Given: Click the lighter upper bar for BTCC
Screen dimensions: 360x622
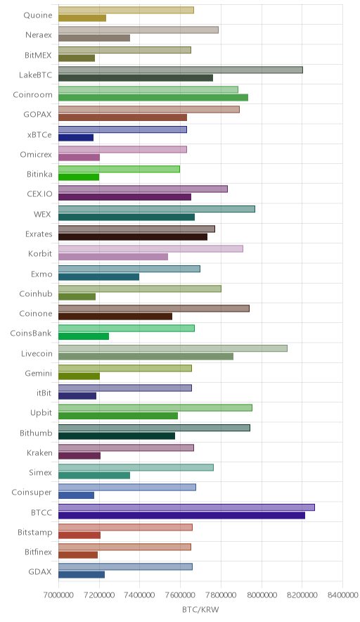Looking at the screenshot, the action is click(186, 507).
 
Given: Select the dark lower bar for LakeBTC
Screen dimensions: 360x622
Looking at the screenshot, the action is click(136, 77).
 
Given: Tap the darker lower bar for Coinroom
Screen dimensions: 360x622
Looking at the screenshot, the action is click(153, 98).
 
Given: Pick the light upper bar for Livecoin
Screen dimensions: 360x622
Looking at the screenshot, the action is click(173, 348).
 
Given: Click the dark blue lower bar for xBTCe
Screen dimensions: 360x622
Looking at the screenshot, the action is click(76, 138).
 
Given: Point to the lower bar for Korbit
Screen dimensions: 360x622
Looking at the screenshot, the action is click(113, 257).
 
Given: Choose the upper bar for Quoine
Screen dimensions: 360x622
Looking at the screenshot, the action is click(126, 10).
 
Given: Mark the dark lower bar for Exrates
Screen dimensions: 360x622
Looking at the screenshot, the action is click(133, 237).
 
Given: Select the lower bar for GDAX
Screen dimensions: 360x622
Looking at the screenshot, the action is click(82, 575).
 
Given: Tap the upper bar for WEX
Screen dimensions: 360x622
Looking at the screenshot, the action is click(157, 209).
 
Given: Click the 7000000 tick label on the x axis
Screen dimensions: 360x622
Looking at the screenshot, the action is click(58, 595).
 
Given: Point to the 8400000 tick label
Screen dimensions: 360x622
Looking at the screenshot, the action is click(342, 595).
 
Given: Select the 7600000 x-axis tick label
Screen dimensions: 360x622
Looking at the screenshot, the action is click(181, 595).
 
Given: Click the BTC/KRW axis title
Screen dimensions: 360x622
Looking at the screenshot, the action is click(200, 610).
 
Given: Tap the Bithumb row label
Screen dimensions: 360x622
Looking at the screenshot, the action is click(36, 433).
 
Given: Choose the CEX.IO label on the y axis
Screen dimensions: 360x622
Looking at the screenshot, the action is click(39, 194).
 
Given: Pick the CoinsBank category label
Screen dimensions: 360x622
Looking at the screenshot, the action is click(31, 334).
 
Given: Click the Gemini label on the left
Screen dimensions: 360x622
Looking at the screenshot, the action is click(39, 374).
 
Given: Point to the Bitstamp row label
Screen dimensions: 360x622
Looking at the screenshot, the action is click(35, 533).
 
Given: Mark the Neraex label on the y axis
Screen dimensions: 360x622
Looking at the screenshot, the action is click(39, 35).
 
